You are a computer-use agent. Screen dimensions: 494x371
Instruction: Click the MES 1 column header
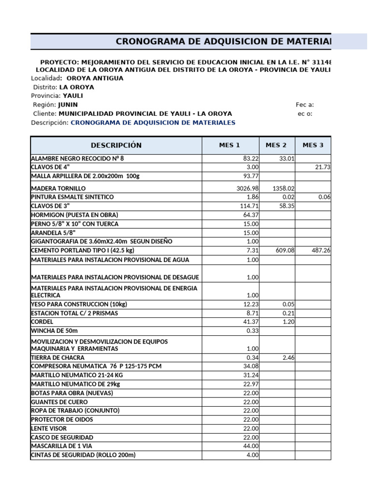pos(229,145)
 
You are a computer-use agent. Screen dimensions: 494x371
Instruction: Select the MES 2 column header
pos(276,145)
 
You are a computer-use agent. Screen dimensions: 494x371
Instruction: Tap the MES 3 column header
pos(313,145)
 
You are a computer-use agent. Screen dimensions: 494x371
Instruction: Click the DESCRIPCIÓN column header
pos(116,145)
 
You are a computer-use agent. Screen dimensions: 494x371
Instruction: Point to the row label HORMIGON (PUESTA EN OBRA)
pos(74,215)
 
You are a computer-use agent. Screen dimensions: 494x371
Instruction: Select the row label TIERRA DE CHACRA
pos(57,357)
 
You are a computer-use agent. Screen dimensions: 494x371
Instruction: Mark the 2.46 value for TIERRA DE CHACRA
pos(287,357)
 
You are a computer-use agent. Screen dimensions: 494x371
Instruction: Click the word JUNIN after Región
pos(68,105)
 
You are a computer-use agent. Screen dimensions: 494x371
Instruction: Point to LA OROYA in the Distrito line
pos(76,87)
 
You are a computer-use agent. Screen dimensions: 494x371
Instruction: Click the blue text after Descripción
pos(153,123)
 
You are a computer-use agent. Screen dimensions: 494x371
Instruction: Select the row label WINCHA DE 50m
pos(55,330)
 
